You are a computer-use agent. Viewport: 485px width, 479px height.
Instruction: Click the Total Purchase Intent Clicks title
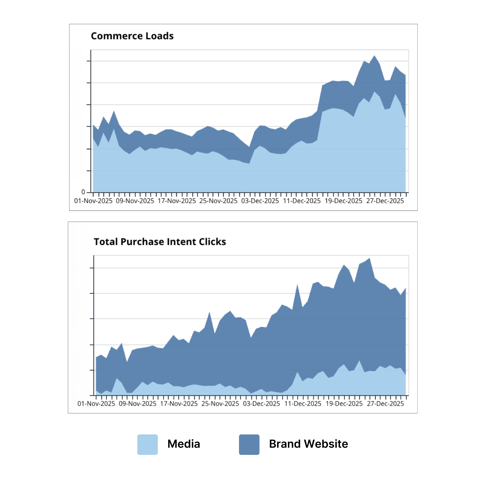[160, 242]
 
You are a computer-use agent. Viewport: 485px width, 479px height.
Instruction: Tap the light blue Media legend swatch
[147, 444]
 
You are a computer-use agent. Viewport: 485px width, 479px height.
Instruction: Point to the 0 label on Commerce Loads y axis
[83, 192]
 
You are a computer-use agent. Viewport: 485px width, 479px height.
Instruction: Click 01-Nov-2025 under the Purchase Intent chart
[96, 404]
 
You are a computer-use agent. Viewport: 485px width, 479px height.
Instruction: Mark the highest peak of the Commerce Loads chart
[374, 56]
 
